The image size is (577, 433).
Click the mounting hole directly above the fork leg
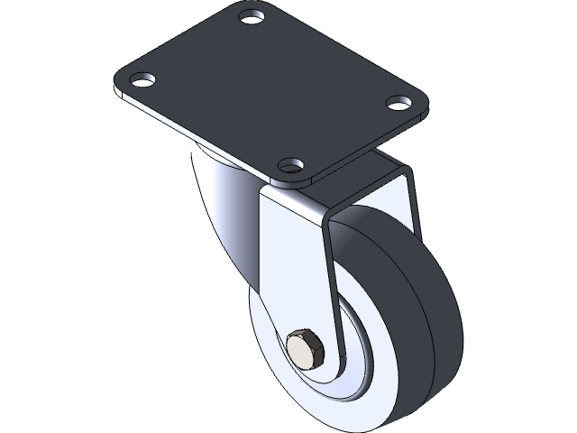[289, 166]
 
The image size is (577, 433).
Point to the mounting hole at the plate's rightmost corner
[397, 102]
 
